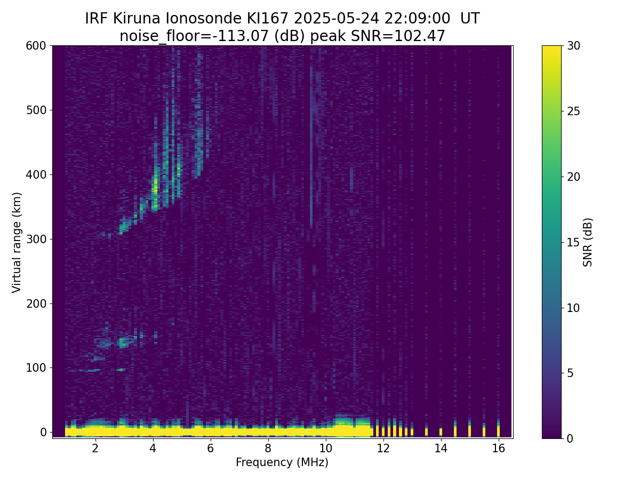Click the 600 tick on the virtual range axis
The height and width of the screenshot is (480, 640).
point(36,46)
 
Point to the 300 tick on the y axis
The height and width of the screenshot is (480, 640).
point(36,239)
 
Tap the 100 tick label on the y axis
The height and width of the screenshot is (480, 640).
point(36,368)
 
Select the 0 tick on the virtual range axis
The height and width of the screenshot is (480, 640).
point(43,432)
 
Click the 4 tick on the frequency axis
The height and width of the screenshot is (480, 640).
point(153,448)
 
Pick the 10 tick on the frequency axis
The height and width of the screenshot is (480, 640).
point(325,448)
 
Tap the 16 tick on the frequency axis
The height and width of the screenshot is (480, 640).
point(498,448)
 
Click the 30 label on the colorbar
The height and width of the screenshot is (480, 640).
point(573,46)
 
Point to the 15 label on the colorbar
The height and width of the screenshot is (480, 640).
point(573,242)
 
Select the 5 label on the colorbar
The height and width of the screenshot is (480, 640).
point(570,373)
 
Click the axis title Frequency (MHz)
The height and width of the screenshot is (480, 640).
point(282,462)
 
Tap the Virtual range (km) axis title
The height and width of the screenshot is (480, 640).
point(17,243)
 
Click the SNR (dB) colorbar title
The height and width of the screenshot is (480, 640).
point(587,243)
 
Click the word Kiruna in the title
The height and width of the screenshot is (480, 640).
point(137,19)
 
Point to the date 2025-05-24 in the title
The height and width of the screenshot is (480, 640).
point(336,19)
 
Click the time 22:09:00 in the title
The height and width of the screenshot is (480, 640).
point(417,19)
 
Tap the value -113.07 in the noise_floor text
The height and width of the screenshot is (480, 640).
point(243,36)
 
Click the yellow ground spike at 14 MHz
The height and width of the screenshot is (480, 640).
point(441,431)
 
